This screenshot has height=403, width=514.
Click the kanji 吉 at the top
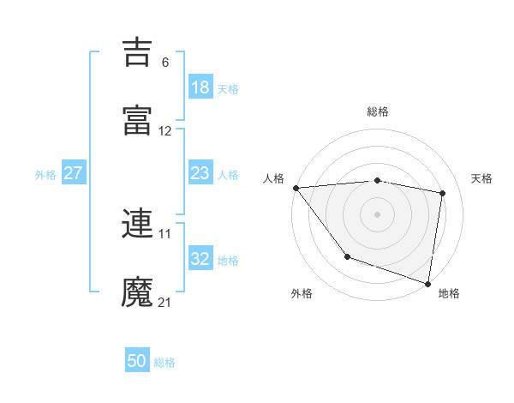[138, 52]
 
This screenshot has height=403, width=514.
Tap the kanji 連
[138, 224]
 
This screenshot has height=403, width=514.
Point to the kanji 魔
[138, 291]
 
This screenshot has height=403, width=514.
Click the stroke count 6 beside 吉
[165, 63]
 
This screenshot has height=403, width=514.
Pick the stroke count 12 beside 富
[165, 131]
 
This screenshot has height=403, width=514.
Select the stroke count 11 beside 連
[165, 233]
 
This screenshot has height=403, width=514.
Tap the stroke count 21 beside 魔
[165, 302]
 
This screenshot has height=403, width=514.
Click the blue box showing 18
[200, 87]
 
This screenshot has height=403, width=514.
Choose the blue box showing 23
[200, 173]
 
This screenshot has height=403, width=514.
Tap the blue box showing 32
[200, 259]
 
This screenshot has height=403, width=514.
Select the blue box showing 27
[74, 173]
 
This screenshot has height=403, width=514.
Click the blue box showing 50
[137, 361]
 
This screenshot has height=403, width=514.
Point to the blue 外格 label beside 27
[45, 175]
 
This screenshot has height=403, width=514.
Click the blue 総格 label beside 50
[165, 363]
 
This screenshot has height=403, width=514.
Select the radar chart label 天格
[482, 178]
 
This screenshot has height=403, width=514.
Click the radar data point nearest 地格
[428, 283]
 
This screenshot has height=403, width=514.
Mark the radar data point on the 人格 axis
[296, 188]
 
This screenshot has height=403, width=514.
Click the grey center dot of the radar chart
[377, 214]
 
